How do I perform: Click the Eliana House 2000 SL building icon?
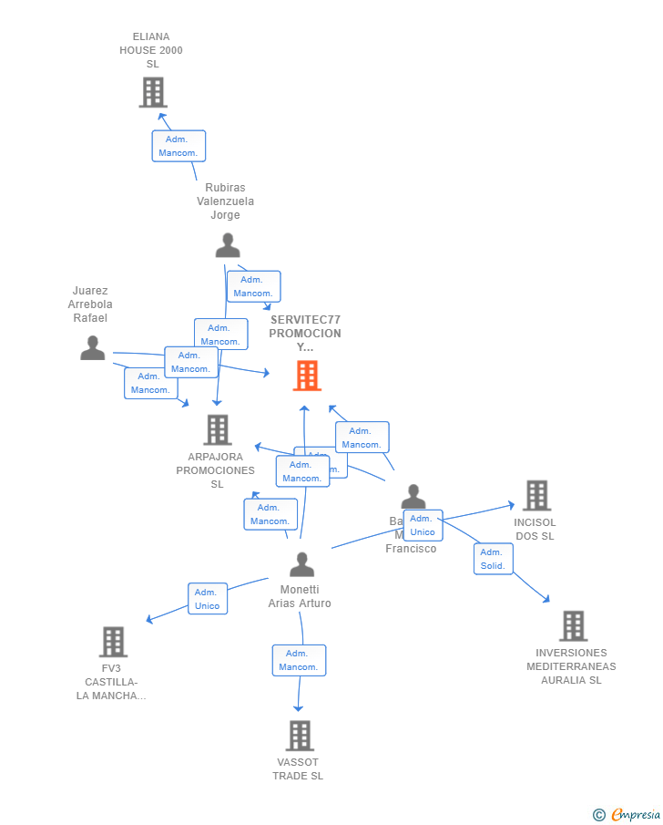coord(153,92)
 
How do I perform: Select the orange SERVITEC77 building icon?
coord(307,376)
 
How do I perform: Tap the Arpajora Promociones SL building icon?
coord(217,429)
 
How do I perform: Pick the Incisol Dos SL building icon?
coord(535,495)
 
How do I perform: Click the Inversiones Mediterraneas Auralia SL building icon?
coord(572,626)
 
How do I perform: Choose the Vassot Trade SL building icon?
coord(299,736)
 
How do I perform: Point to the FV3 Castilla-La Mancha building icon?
coord(113,642)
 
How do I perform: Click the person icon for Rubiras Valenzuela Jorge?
coord(227,245)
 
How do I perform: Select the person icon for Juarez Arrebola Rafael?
coord(92,347)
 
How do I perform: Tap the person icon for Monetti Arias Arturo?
coord(301,564)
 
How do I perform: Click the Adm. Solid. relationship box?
coord(493,559)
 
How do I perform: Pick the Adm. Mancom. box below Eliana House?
coord(178,146)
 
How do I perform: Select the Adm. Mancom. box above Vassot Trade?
coord(299,660)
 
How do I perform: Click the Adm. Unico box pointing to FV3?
coord(208,599)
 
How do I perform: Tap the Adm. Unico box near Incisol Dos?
coord(423,525)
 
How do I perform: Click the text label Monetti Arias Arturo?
coord(300,596)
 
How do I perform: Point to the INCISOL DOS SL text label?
coord(535,529)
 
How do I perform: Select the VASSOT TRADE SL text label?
coord(298,768)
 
